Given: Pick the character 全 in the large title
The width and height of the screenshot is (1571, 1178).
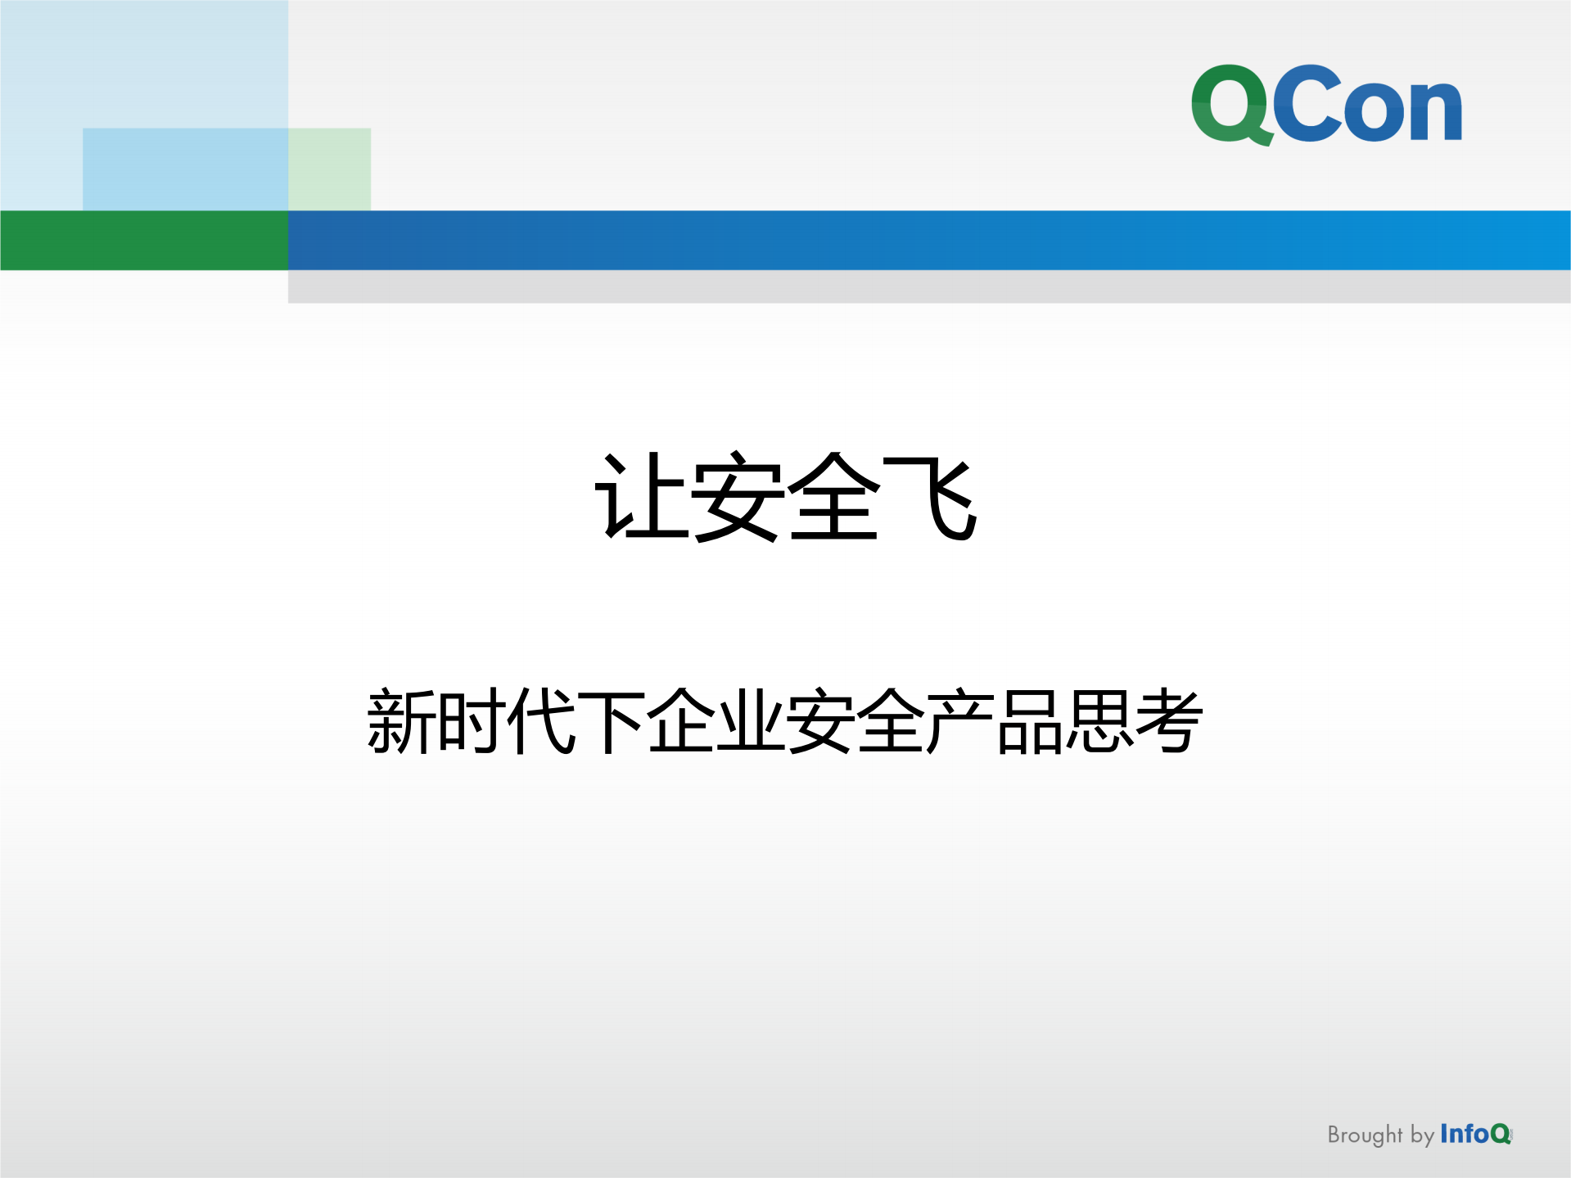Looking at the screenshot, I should [x=833, y=497].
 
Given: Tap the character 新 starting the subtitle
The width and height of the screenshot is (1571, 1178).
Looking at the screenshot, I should [x=401, y=720].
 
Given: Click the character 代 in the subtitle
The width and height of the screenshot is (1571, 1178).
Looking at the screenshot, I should [x=541, y=720].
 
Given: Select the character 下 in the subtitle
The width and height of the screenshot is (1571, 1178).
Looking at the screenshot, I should [x=611, y=720].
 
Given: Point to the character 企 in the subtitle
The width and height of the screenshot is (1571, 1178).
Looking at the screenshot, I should [x=681, y=720].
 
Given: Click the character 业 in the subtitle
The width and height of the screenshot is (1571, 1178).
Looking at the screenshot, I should [x=751, y=720].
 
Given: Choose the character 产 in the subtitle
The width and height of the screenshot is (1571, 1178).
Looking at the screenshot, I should [x=960, y=720].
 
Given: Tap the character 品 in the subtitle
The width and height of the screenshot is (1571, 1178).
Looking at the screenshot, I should [x=1030, y=720].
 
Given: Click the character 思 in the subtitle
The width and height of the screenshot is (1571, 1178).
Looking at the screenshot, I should [x=1099, y=720].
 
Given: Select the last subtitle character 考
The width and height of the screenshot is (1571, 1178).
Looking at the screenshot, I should [x=1169, y=720].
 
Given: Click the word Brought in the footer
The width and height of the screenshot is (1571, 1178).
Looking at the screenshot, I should [x=1365, y=1135].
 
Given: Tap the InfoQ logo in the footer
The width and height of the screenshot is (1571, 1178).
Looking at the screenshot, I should [x=1475, y=1134].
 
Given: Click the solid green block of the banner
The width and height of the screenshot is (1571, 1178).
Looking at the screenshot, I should [x=144, y=240].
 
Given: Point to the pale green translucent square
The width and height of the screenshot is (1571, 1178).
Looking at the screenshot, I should [x=330, y=169].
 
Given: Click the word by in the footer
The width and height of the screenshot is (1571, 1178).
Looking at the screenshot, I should [x=1422, y=1135].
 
